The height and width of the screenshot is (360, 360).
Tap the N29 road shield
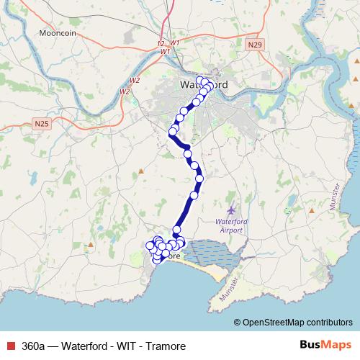(x=252, y=45)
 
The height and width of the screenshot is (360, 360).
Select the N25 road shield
(x=42, y=124)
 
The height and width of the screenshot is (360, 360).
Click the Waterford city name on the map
(x=204, y=85)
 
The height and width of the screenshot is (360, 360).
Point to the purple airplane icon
(x=230, y=209)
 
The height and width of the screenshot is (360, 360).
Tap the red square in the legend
(x=9, y=346)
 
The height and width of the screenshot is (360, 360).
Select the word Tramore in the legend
(x=166, y=346)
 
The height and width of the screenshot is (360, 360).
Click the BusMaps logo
(x=321, y=345)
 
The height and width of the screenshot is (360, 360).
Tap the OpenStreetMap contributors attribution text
(x=297, y=323)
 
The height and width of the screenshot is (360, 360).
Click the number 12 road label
(x=160, y=45)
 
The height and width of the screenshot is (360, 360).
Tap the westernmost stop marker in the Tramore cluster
(x=150, y=246)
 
